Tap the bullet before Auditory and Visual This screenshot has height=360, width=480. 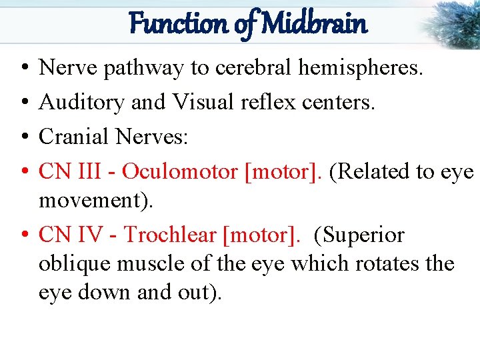coord(23,103)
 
